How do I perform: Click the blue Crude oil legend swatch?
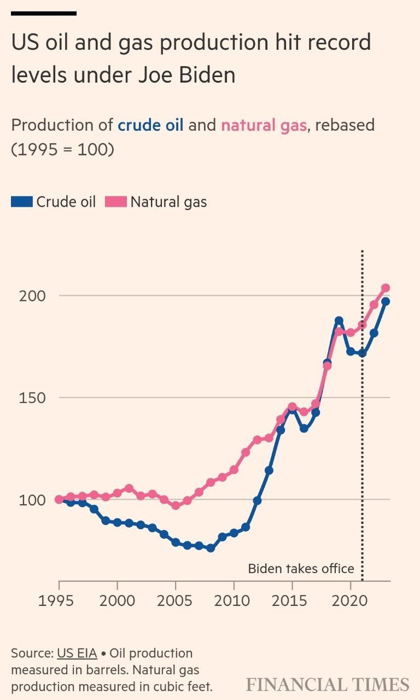[x=21, y=202]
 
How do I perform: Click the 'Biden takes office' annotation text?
[x=301, y=569]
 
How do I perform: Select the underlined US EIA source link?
[x=77, y=653]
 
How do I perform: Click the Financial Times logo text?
[x=327, y=685]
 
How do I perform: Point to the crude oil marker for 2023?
[x=385, y=301]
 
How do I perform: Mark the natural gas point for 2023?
[x=385, y=288]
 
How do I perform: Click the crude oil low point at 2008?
[x=210, y=547]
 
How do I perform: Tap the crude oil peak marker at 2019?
[x=339, y=320]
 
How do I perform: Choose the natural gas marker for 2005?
[x=176, y=505]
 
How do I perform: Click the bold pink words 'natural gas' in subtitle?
[x=263, y=125]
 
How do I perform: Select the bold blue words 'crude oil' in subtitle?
[x=151, y=125]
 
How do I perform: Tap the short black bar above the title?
[x=44, y=13]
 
